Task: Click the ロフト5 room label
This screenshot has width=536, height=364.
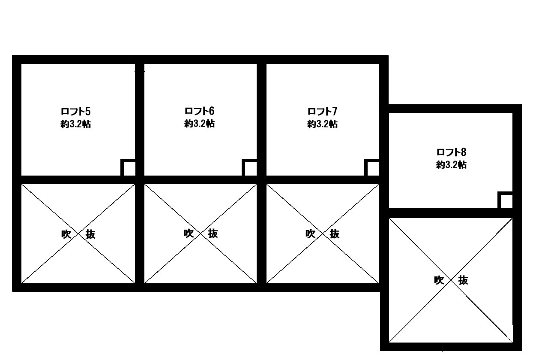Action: (x=75, y=112)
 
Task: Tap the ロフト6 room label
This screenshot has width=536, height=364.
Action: (x=199, y=111)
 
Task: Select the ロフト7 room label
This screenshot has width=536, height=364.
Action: (x=322, y=111)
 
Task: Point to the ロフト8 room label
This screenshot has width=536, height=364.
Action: (x=452, y=152)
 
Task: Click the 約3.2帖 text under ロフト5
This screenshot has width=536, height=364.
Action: (x=75, y=124)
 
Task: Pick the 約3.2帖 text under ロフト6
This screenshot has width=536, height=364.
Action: (x=199, y=124)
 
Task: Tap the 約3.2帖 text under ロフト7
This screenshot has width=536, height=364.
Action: (x=322, y=124)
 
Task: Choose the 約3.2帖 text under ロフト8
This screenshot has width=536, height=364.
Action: (x=452, y=165)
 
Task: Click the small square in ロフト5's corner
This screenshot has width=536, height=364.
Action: (x=128, y=167)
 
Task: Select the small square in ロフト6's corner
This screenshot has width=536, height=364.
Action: (x=249, y=167)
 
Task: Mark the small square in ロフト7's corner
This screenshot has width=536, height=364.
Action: (x=372, y=167)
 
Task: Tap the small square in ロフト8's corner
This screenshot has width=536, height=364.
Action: (x=505, y=200)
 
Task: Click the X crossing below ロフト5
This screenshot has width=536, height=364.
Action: (x=78, y=234)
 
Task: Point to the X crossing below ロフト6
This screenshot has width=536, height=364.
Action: (x=201, y=234)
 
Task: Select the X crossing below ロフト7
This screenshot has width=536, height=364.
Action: (x=323, y=234)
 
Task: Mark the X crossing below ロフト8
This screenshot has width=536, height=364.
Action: (x=451, y=280)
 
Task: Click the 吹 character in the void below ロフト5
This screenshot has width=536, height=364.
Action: (x=66, y=234)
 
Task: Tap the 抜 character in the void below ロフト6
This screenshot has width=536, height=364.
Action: (x=213, y=234)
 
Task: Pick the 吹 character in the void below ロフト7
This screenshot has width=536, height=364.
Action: (x=310, y=234)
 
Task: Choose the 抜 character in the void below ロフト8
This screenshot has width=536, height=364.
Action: (x=463, y=280)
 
